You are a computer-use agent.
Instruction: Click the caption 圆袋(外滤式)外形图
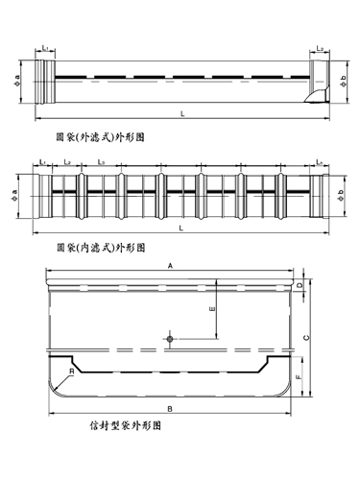pyautogui.click(x=100, y=138)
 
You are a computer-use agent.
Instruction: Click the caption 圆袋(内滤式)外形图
pyautogui.click(x=100, y=247)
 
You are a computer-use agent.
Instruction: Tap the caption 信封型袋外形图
pyautogui.click(x=122, y=421)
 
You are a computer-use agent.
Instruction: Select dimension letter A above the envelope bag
pyautogui.click(x=170, y=264)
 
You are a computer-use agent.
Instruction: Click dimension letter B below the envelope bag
pyautogui.click(x=170, y=407)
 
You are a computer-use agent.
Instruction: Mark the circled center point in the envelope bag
pyautogui.click(x=169, y=339)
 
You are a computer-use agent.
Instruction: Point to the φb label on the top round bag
pyautogui.click(x=343, y=77)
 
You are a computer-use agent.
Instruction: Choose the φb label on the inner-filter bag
pyautogui.click(x=344, y=197)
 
